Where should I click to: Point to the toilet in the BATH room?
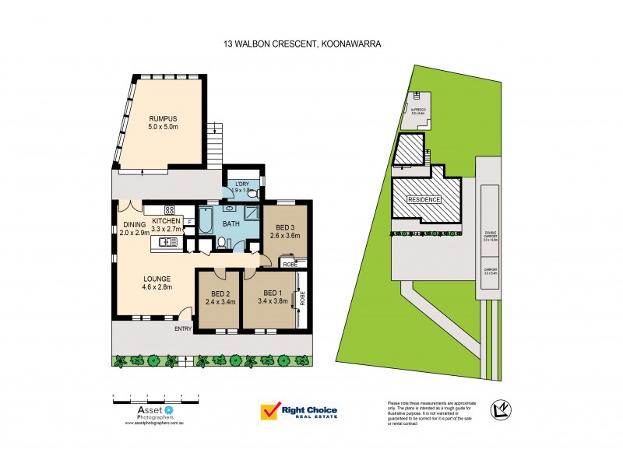223,244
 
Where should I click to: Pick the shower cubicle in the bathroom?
251,216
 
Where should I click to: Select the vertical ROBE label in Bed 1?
303,297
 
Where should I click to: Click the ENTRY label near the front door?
182,328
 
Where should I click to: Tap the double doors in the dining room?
131,206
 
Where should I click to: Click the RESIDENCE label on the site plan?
425,200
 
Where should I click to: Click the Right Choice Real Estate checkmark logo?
269,411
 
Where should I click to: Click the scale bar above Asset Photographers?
156,397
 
